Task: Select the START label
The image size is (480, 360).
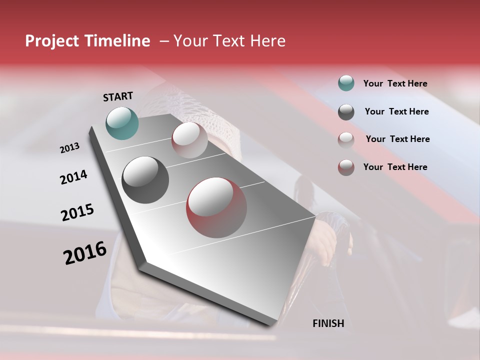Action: [x=118, y=96]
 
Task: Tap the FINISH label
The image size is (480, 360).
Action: [x=328, y=323]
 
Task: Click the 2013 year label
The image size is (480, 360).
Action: [x=70, y=148]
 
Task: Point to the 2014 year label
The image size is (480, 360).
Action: [x=73, y=177]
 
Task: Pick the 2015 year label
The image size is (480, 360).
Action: [x=77, y=212]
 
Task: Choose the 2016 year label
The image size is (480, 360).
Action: [x=85, y=253]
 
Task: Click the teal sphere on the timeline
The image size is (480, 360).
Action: [x=122, y=123]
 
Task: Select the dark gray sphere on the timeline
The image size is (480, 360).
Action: [x=145, y=180]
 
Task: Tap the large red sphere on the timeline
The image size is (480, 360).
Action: [x=216, y=207]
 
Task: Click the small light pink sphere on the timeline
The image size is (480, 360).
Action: [x=189, y=140]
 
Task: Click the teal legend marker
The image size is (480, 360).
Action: [x=346, y=83]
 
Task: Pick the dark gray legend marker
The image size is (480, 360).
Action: [x=346, y=112]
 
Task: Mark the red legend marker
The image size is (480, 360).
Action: [x=346, y=167]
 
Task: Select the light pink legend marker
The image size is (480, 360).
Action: [x=346, y=139]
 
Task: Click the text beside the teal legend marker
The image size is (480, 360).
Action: [x=395, y=83]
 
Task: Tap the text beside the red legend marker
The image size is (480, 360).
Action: [x=395, y=167]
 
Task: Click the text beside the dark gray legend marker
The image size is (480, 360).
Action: [x=396, y=111]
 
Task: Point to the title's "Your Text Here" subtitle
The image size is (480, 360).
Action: [x=229, y=41]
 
